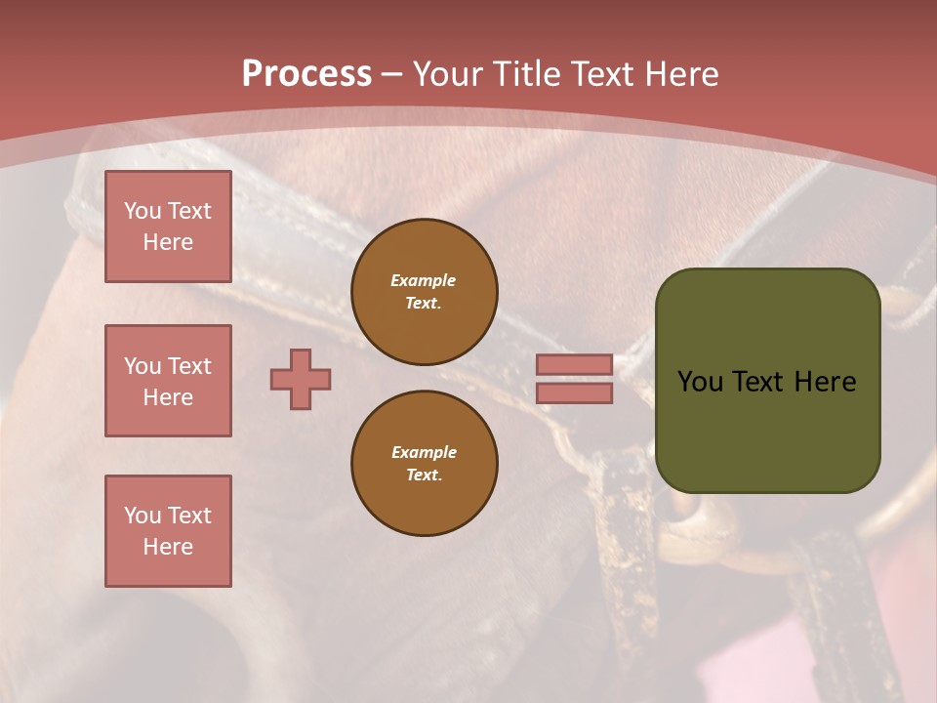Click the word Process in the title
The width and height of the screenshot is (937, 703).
306,73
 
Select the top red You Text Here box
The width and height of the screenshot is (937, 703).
168,227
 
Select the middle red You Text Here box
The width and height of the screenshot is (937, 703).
168,381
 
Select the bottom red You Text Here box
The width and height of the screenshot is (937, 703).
168,531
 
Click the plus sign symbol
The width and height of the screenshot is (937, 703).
301,379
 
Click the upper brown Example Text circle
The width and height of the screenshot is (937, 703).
424,292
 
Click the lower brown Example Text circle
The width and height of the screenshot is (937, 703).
424,464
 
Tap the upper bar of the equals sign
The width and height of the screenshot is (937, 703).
574,364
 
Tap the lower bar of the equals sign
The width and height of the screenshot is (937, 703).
574,393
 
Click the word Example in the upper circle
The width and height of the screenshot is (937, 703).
423,280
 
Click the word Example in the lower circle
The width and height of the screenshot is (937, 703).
424,452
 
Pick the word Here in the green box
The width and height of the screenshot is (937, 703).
826,382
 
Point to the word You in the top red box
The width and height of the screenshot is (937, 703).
142,211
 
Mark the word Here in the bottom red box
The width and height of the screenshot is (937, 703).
168,547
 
